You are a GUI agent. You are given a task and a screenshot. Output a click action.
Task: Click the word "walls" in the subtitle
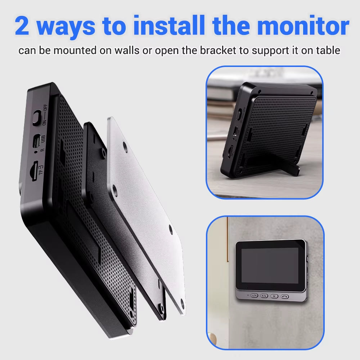(x=127, y=50)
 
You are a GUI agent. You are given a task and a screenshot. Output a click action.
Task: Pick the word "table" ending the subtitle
(x=328, y=50)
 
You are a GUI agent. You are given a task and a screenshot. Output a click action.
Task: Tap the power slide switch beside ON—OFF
(x=36, y=117)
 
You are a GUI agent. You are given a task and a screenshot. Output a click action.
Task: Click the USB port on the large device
(x=36, y=141)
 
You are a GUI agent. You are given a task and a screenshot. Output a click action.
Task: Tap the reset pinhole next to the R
(x=36, y=152)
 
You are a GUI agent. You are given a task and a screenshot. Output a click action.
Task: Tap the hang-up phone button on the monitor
(x=285, y=296)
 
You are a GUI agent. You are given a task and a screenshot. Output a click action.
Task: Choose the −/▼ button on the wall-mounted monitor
(x=254, y=296)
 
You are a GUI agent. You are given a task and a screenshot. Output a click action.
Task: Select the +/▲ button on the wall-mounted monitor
(x=264, y=296)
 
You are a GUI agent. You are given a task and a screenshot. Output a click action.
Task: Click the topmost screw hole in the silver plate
(x=125, y=146)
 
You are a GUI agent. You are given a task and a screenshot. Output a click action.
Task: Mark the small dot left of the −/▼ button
(x=248, y=296)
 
